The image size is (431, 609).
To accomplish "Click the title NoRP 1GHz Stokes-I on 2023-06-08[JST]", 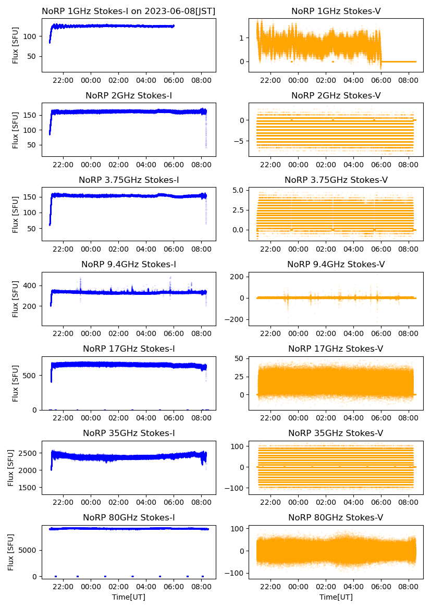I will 129,11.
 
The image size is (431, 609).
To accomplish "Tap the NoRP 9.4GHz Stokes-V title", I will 336,265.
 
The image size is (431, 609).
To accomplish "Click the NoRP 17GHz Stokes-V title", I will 336,349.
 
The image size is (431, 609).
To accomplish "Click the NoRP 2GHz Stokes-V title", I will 336,95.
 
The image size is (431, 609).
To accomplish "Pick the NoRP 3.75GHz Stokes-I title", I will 129,180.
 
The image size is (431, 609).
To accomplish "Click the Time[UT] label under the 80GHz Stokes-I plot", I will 129,597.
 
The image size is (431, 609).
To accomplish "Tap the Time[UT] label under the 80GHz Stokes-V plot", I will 336,597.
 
